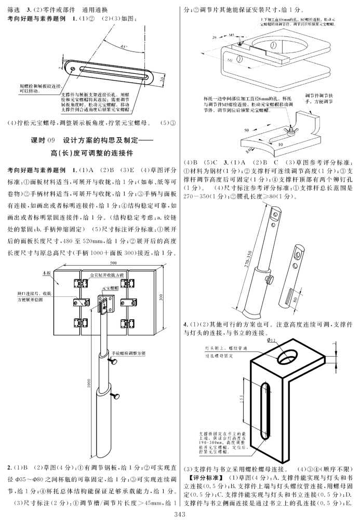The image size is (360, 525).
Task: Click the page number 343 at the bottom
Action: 180,515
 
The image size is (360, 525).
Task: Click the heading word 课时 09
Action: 44,140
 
